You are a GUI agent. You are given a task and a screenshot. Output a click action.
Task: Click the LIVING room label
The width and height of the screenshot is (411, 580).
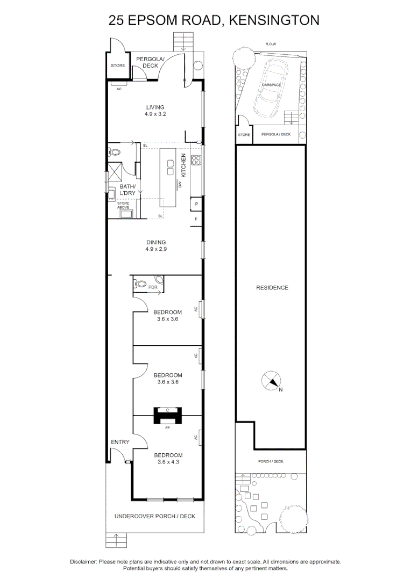point(155,107)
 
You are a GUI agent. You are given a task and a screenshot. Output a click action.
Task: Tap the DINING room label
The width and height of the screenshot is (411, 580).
point(155,242)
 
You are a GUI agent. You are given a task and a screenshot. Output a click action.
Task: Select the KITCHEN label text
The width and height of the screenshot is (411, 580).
point(183,165)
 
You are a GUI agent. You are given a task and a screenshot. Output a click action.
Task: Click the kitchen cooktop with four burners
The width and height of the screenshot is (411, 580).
point(196,160)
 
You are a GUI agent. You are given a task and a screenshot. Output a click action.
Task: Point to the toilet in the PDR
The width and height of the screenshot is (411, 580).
point(140,284)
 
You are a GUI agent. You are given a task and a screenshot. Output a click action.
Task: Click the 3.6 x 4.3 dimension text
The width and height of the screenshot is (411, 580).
point(168,462)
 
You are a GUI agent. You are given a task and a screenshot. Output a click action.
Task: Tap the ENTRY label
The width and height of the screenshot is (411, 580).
point(120,442)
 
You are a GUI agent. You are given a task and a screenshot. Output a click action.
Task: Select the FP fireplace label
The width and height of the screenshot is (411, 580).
point(167,428)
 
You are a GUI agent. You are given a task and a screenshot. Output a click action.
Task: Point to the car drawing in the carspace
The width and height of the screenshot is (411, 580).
point(272,88)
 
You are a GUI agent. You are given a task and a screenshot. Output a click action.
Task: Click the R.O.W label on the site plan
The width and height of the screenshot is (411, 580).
point(271,45)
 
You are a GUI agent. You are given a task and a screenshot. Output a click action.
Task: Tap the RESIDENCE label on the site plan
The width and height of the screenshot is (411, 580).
point(272,287)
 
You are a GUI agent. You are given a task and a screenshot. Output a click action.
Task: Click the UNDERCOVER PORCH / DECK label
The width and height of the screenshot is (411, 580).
point(155,516)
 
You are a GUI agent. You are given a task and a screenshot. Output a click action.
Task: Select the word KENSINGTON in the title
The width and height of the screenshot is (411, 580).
point(274,20)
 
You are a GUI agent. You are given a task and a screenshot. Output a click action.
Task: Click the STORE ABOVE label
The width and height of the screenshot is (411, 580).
point(123,205)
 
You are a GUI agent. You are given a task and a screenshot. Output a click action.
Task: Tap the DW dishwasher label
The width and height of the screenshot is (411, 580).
point(180,184)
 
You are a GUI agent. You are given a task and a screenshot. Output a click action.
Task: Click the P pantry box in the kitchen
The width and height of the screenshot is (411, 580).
point(196,204)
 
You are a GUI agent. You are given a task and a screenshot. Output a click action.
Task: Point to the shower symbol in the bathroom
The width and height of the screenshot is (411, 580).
point(116,171)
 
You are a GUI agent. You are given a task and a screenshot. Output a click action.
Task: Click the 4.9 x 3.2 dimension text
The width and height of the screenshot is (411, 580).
point(155,114)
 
